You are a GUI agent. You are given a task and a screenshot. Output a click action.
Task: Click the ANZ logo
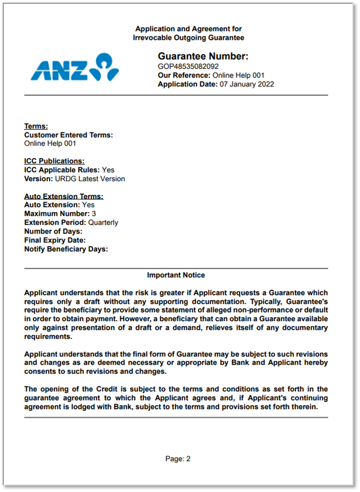click(75, 67)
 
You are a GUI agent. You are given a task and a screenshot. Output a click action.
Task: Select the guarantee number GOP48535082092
click(188, 66)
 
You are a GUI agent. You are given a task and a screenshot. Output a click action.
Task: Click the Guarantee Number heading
click(203, 56)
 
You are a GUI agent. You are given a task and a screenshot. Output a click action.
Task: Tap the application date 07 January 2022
click(247, 84)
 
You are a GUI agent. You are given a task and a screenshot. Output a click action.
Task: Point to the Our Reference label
click(184, 75)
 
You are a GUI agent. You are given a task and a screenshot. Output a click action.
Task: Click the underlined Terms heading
click(36, 126)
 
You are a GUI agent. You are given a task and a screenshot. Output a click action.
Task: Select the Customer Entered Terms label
click(68, 135)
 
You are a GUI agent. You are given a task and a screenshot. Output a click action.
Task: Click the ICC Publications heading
click(54, 161)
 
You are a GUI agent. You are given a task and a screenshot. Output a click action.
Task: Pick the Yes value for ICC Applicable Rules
click(108, 170)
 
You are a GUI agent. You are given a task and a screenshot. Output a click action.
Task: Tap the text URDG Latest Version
click(88, 179)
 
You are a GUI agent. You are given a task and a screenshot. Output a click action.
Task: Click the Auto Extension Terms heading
click(63, 196)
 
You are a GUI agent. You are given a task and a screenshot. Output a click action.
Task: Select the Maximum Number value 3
click(94, 214)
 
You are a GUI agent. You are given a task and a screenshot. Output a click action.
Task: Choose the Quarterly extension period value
click(103, 222)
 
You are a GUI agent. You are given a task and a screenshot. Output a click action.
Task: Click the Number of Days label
click(53, 231)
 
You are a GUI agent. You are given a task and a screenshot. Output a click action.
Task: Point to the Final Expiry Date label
click(55, 240)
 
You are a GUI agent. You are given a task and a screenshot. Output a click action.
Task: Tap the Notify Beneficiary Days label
click(66, 249)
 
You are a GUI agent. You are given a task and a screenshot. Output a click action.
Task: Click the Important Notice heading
click(176, 275)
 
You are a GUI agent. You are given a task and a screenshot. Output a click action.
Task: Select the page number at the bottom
click(178, 459)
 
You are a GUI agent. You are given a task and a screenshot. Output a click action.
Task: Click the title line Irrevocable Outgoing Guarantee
click(188, 38)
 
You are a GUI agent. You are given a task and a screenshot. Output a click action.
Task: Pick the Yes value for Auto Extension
click(88, 205)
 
